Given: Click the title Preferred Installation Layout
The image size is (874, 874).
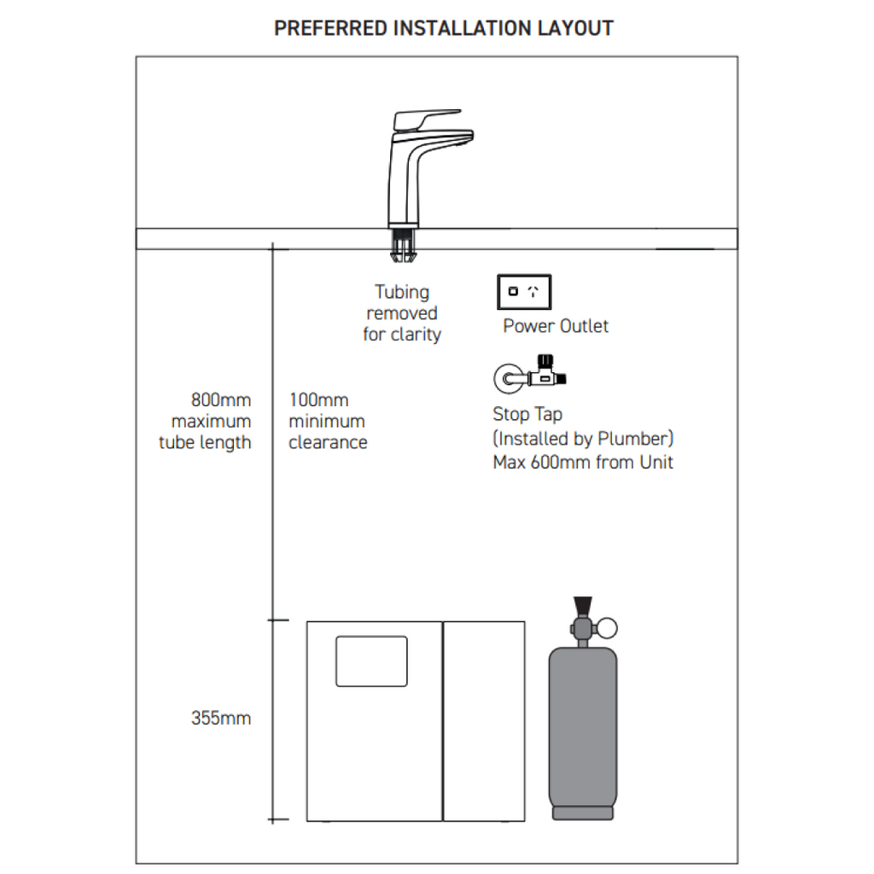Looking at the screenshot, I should tap(443, 28).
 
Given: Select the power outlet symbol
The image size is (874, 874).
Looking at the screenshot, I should tap(524, 292).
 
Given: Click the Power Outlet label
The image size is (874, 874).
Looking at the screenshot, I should tap(556, 326).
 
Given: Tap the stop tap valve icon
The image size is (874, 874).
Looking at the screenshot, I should tap(531, 375).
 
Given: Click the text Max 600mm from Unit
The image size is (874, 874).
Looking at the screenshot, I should tap(583, 463).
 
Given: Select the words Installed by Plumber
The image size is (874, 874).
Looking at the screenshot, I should tap(583, 439).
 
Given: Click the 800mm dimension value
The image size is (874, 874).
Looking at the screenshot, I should tap(221, 400).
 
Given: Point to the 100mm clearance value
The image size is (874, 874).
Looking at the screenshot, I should tap(318, 400).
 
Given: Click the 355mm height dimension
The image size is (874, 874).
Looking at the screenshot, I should tap(221, 719).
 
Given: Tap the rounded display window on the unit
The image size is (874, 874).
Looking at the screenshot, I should tap(371, 661).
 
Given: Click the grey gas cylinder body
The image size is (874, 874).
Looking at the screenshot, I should tap(583, 725).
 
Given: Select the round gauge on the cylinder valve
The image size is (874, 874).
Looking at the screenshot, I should tap(606, 629).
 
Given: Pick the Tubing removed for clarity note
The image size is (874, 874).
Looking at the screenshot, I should tap(402, 313).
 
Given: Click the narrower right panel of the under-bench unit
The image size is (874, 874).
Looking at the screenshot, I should tap(484, 721).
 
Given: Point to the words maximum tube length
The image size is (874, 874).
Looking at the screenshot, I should tap(206, 432).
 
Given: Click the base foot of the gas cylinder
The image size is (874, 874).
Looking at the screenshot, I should tap(583, 813).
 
